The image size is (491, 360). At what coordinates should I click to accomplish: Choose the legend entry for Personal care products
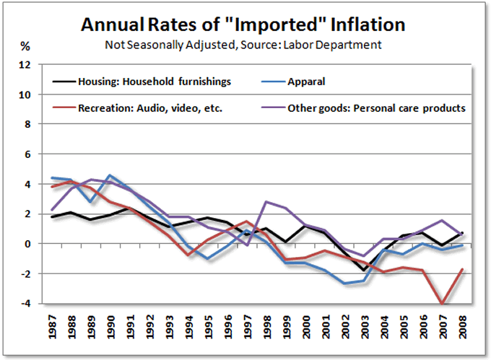[x=376, y=108]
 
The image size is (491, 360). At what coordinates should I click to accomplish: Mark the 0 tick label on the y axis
[x=27, y=244]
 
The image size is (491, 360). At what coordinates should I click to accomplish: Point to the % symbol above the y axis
[x=25, y=46]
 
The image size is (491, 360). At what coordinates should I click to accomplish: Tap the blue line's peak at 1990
[x=108, y=175]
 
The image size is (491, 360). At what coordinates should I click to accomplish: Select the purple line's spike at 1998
[x=267, y=202]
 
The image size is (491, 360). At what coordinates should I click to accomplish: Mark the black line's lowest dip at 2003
[x=364, y=271]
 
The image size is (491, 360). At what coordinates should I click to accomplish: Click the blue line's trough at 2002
[x=345, y=284]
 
